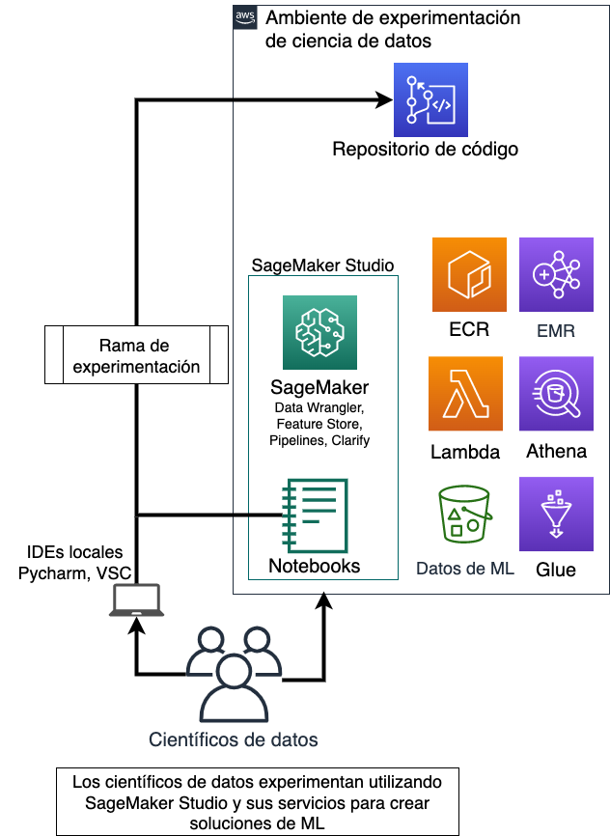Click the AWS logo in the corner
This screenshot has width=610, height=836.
click(244, 18)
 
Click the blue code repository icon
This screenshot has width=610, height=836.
click(430, 100)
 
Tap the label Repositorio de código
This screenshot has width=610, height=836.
click(425, 150)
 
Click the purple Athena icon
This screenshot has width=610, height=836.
click(556, 394)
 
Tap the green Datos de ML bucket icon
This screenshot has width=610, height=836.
click(464, 513)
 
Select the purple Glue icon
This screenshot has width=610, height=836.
click(556, 514)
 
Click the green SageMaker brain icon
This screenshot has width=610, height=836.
click(319, 332)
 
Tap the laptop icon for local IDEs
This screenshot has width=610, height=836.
click(135, 602)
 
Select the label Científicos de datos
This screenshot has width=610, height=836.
click(234, 740)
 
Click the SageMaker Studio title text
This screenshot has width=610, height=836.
click(322, 265)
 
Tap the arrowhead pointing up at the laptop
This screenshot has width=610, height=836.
click(136, 626)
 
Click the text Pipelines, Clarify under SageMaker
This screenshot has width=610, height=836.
click(319, 440)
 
